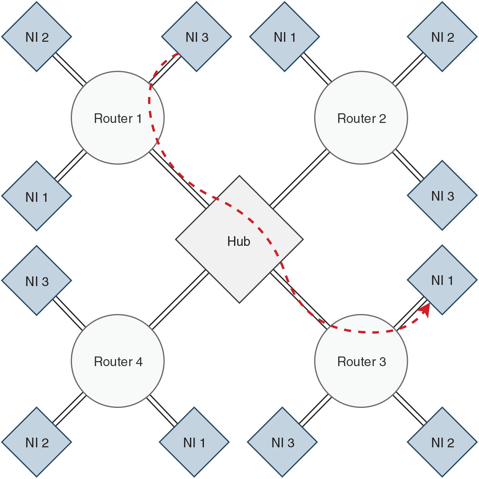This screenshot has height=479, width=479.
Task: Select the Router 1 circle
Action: point(118,118)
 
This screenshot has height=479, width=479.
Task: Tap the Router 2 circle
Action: point(361,118)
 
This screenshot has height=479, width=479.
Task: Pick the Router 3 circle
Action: point(361,361)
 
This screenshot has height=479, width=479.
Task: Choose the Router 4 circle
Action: point(118,361)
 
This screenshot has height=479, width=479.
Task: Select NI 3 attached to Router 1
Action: point(197,37)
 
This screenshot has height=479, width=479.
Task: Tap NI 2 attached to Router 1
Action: point(37,37)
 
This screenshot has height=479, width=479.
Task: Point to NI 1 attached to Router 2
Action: point(285,37)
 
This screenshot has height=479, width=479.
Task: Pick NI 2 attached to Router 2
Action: point(442,37)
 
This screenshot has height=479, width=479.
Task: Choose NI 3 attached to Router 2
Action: point(442,196)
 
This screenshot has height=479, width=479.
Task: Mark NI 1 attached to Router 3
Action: point(442,280)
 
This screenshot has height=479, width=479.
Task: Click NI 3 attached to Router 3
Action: point(282,442)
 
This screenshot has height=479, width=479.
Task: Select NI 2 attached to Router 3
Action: point(442,442)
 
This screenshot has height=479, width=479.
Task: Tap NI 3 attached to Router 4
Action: point(37,281)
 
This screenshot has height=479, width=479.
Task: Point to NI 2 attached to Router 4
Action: point(37,442)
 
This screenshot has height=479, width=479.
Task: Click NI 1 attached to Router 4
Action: point(194,442)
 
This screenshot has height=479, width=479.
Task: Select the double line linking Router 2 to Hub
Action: point(300,179)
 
